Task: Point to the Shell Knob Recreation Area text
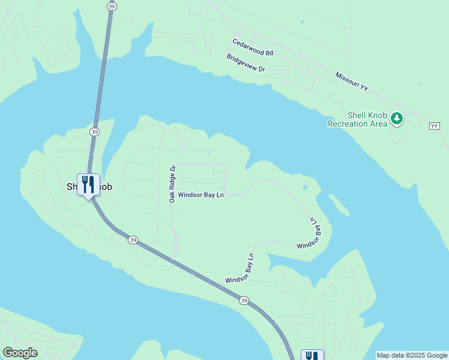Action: click(x=357, y=119)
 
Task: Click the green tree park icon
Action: click(x=396, y=118)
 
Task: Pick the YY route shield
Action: click(x=435, y=125)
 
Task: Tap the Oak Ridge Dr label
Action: click(x=172, y=184)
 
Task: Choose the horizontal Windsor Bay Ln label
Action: click(x=200, y=196)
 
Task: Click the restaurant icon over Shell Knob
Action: click(x=88, y=184)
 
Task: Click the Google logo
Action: click(x=20, y=353)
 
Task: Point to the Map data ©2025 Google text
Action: click(x=412, y=355)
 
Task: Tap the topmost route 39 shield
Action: click(x=112, y=6)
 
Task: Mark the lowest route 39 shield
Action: click(x=243, y=300)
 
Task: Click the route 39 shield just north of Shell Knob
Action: click(x=94, y=131)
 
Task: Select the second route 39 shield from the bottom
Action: click(x=133, y=239)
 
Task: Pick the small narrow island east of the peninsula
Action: click(x=339, y=205)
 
